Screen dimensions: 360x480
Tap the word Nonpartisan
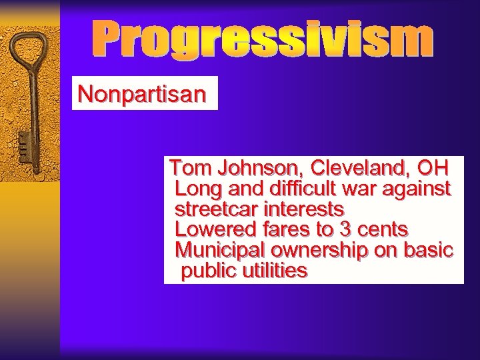[x=141, y=94]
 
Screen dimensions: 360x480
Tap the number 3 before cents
[x=345, y=229]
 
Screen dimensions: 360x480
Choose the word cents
[x=383, y=229]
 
